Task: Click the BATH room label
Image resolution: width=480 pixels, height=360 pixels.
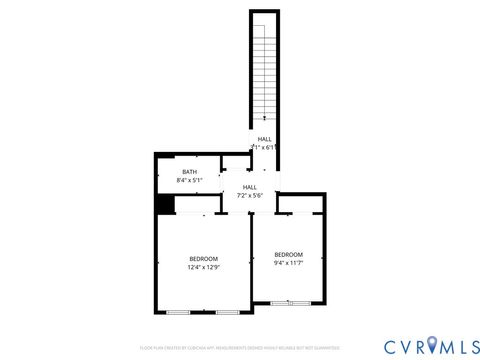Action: [x=189, y=172]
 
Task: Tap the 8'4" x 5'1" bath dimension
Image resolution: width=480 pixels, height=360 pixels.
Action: [x=189, y=181]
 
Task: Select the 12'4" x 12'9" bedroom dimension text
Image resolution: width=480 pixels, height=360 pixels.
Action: [x=204, y=267]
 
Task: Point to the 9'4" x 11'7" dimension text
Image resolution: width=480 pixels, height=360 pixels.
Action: [x=288, y=263]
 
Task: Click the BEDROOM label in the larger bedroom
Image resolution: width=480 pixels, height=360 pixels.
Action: [x=204, y=258]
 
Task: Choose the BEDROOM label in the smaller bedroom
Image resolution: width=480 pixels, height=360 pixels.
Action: [x=288, y=254]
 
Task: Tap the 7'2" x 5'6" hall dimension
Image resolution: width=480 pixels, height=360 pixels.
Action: [x=250, y=196]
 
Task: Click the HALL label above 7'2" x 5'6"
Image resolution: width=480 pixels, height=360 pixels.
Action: [x=250, y=187]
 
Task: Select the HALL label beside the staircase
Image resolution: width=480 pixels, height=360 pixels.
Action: [x=264, y=139]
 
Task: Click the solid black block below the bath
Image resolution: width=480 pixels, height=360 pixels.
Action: [x=165, y=203]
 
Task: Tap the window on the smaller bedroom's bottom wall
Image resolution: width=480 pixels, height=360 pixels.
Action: [x=288, y=303]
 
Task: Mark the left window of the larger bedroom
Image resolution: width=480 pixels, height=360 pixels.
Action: [x=178, y=314]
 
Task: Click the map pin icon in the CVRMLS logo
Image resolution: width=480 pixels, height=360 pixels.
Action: [x=432, y=346]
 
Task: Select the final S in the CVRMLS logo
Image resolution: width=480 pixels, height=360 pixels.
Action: [x=470, y=345]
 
